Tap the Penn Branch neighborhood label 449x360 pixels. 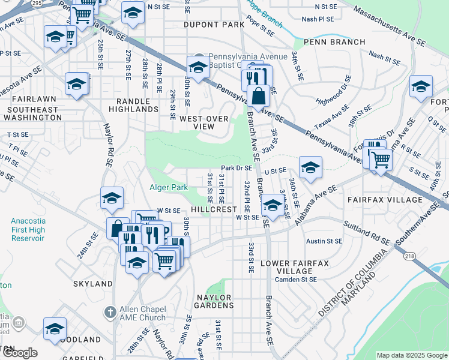334,42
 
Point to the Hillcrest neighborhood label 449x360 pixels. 214,209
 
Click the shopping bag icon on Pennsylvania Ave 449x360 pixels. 258,96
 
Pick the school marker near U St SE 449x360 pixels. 310,167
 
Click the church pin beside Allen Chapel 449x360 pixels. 109,312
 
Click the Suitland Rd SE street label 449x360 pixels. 367,232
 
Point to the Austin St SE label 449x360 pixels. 324,241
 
